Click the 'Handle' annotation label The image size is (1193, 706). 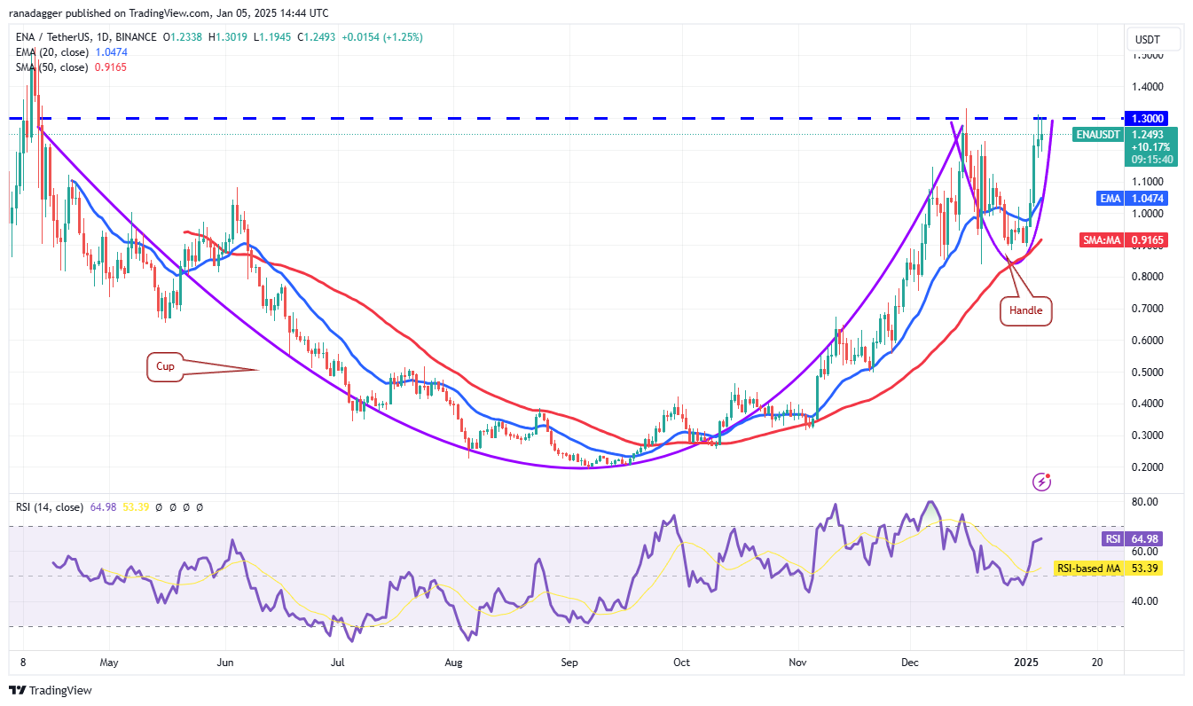(x=1025, y=311)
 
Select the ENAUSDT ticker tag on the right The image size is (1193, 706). (x=1096, y=135)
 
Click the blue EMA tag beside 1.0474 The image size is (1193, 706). (x=1110, y=199)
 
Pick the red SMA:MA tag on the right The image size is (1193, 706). (x=1100, y=239)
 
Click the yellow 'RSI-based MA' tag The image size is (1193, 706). (x=1087, y=568)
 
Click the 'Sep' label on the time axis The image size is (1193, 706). (x=569, y=662)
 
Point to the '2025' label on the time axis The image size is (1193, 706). (x=1027, y=662)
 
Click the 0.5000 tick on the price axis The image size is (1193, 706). (x=1149, y=372)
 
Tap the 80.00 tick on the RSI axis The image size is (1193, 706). (x=1147, y=501)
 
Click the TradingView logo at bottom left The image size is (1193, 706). (x=51, y=690)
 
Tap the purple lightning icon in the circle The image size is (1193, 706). (x=1042, y=482)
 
